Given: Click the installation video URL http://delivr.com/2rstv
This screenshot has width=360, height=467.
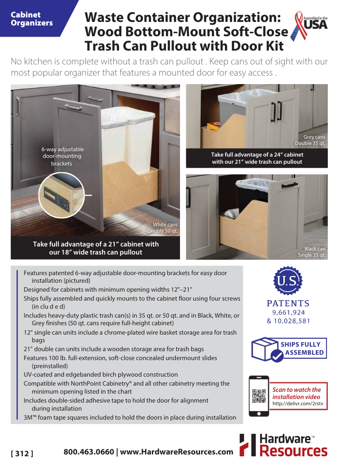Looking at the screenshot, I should point(297,404).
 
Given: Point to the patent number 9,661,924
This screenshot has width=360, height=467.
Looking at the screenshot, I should point(288,313).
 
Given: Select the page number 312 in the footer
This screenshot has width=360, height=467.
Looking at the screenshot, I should point(22,453).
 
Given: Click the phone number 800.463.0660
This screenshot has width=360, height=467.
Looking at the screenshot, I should point(89,451).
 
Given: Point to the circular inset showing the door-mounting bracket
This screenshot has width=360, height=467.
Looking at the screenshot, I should point(61,195).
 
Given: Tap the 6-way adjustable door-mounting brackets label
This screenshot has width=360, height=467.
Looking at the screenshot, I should point(62,156).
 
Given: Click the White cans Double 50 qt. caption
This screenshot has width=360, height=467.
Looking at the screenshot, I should point(163,228).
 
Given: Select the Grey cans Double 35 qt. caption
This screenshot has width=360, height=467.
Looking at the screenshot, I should point(311,140).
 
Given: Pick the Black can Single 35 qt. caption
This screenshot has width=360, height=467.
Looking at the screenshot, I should point(313,252).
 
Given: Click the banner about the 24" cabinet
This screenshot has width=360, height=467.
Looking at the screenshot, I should point(257,158).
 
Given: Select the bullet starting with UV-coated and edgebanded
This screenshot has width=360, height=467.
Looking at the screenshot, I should point(101,374).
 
